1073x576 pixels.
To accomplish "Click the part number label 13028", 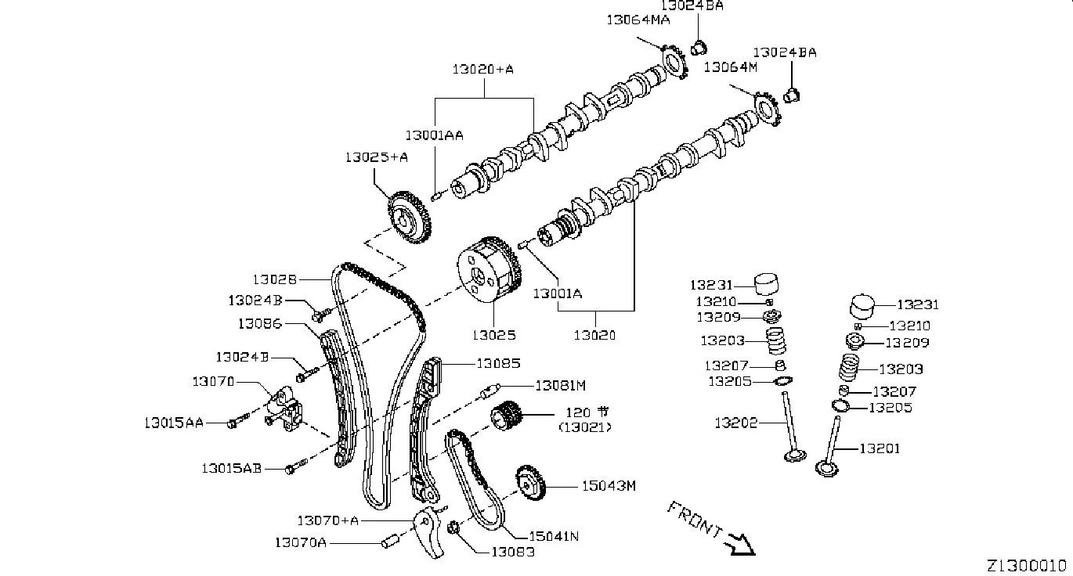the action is click(x=275, y=279).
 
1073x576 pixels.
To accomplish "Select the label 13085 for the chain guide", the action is click(x=498, y=363).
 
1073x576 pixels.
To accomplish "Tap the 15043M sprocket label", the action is click(x=609, y=486).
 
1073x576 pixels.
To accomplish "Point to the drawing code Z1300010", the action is click(x=1030, y=566).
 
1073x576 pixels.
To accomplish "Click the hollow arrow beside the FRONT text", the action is click(x=740, y=545).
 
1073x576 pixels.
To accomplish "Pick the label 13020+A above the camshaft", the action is click(x=482, y=70).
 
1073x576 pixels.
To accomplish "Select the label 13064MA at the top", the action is click(x=638, y=20).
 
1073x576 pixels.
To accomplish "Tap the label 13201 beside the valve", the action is click(x=880, y=448).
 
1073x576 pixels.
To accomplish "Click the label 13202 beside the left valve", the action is click(x=736, y=423).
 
